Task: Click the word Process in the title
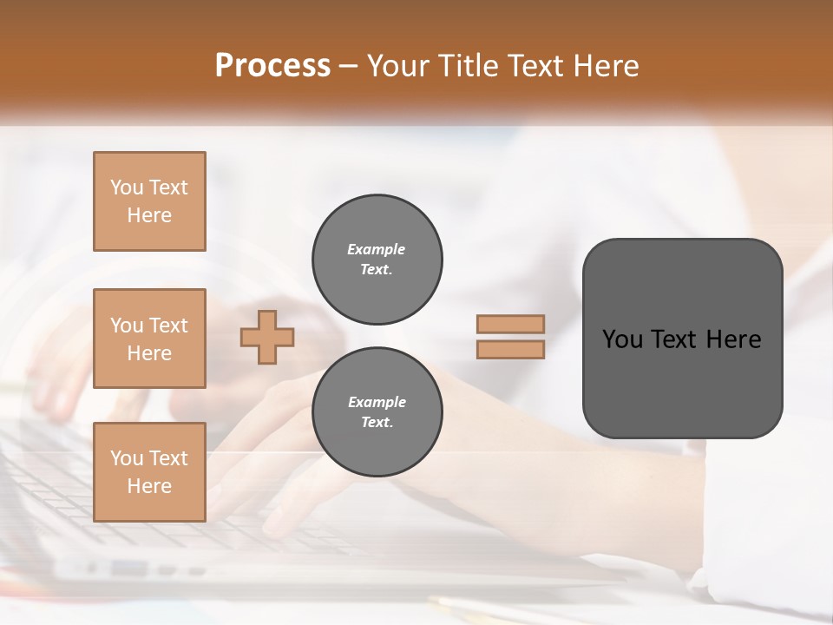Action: (x=272, y=66)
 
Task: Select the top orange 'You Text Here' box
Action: (x=149, y=201)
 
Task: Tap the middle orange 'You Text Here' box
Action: (x=149, y=339)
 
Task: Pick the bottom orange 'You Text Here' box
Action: (x=149, y=472)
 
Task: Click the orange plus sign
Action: (x=267, y=337)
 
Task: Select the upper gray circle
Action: (x=377, y=260)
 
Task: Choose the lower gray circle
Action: (x=377, y=412)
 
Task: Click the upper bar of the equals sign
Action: (x=510, y=324)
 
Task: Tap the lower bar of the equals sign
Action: (x=510, y=350)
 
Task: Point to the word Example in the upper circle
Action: (x=376, y=249)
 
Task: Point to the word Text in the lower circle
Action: (x=376, y=422)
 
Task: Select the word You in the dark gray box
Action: (x=621, y=339)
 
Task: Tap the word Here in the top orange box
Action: (x=149, y=215)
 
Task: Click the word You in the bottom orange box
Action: (x=127, y=458)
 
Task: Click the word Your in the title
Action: (x=398, y=66)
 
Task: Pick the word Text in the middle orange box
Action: (x=168, y=326)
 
